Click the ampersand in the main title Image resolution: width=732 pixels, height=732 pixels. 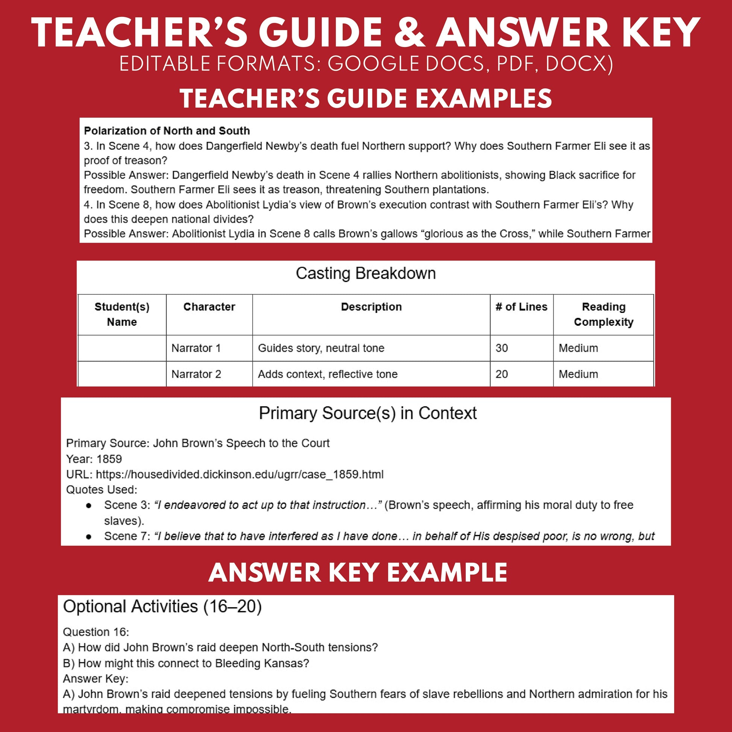click(410, 33)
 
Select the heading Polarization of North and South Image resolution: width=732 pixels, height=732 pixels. click(167, 131)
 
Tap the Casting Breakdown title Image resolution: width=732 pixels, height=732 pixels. click(366, 273)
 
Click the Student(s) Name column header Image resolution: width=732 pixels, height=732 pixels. click(121, 314)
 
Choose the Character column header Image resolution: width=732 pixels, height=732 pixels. click(209, 307)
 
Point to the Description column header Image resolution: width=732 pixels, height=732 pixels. click(371, 307)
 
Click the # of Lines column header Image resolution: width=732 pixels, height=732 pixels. click(521, 307)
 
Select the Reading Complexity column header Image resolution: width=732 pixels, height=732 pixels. click(603, 314)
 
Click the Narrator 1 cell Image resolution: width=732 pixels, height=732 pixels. click(196, 348)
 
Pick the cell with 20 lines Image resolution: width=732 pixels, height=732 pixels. click(502, 374)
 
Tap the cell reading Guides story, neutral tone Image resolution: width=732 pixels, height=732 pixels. click(321, 348)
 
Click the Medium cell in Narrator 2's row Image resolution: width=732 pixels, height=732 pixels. click(578, 374)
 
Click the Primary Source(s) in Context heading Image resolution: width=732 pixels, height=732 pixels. click(368, 413)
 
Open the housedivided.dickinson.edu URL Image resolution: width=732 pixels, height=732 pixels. click(240, 474)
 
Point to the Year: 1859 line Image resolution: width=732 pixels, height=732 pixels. click(94, 459)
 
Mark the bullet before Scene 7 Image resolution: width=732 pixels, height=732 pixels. click(89, 536)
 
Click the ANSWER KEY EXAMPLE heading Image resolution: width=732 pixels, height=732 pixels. click(358, 572)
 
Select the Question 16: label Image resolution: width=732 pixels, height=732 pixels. click(96, 632)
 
